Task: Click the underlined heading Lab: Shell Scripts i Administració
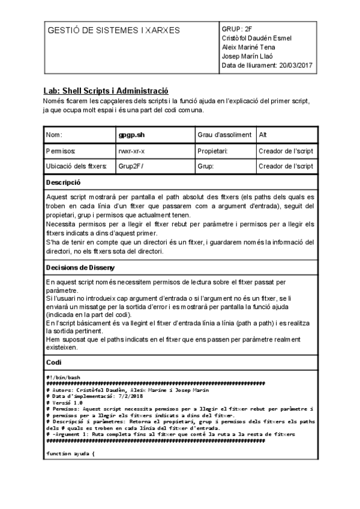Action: click(x=106, y=89)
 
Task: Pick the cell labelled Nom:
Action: click(x=54, y=135)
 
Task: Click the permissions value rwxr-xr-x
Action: click(x=131, y=151)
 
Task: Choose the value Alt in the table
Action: click(x=264, y=135)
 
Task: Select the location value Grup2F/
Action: click(x=131, y=166)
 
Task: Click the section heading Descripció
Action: click(x=64, y=182)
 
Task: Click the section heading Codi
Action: click(x=54, y=363)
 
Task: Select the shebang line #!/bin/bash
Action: click(x=63, y=377)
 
